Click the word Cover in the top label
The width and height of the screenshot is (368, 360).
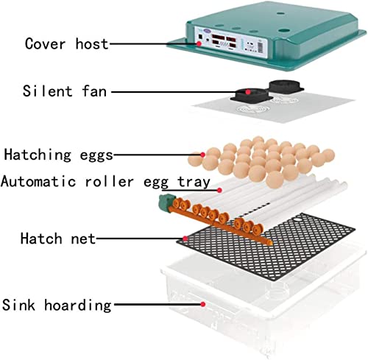tap(46, 44)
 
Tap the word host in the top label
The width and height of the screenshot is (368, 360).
tap(92, 43)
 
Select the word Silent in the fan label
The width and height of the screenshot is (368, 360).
tap(48, 91)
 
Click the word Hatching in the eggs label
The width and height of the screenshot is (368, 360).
tap(38, 155)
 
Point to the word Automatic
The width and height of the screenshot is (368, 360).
tap(38, 182)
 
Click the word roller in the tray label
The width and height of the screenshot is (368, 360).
tap(109, 182)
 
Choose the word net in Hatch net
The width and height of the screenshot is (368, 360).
tap(83, 239)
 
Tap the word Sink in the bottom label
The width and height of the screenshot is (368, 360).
tap(18, 305)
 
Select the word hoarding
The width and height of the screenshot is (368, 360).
tap(78, 306)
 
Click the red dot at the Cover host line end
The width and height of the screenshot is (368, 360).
tap(199, 43)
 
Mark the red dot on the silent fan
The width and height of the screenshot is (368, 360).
tap(248, 92)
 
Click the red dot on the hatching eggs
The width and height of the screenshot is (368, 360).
tap(202, 155)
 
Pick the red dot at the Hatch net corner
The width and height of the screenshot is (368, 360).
tap(185, 239)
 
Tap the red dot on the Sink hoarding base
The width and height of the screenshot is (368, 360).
tap(202, 304)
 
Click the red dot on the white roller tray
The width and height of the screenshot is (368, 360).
tap(220, 190)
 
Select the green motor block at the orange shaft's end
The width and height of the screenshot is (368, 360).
tap(166, 202)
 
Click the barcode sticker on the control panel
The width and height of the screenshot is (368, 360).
tap(261, 46)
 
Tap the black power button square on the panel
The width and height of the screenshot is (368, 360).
tap(200, 37)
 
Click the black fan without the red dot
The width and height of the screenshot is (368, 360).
tap(286, 87)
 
